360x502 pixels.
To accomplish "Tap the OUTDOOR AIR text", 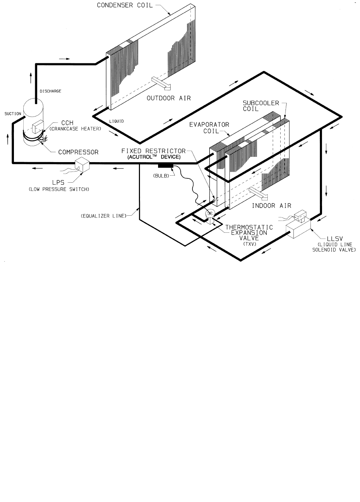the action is coord(169,98).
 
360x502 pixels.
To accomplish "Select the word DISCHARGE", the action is coord(50,91).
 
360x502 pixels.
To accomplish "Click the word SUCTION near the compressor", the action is coord(13,114).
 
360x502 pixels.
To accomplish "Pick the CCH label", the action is coord(67,123).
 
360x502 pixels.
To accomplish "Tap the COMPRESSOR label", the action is coord(78,152).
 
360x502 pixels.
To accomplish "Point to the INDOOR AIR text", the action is coord(271,206).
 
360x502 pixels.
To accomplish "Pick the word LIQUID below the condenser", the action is coord(117,121).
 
